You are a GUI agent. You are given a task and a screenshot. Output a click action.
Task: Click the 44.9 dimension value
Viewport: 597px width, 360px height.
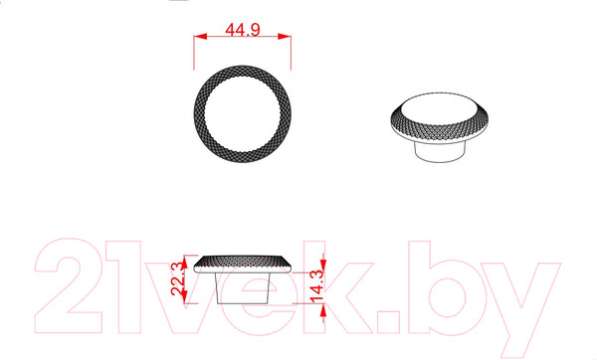243,29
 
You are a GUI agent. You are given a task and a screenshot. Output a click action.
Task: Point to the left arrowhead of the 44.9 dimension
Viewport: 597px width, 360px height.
200,37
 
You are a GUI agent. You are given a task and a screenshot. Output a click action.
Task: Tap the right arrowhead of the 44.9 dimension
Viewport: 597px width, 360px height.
285,37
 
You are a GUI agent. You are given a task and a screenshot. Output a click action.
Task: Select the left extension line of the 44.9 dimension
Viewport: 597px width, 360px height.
194,52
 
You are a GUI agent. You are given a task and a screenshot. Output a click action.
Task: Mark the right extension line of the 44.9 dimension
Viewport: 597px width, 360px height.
291,52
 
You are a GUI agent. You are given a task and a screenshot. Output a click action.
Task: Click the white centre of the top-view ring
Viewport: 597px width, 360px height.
243,113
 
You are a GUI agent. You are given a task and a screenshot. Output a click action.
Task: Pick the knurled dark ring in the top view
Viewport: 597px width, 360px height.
199,113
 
